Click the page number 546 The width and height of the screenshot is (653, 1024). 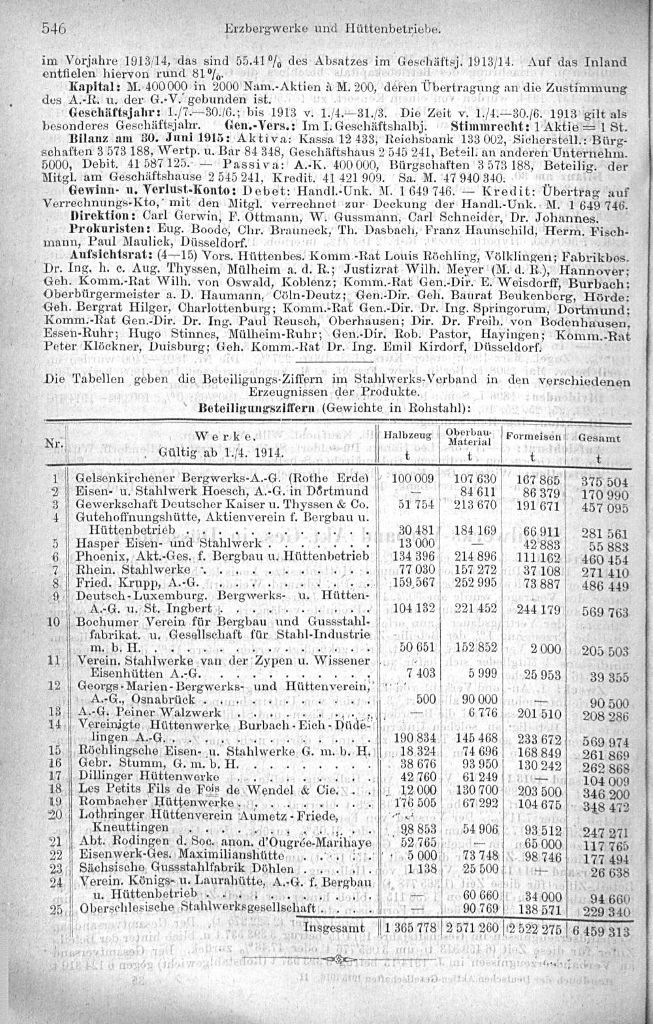tap(55, 28)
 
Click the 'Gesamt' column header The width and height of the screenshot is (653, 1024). tap(598, 438)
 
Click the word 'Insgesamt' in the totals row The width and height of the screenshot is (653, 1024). tap(335, 927)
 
